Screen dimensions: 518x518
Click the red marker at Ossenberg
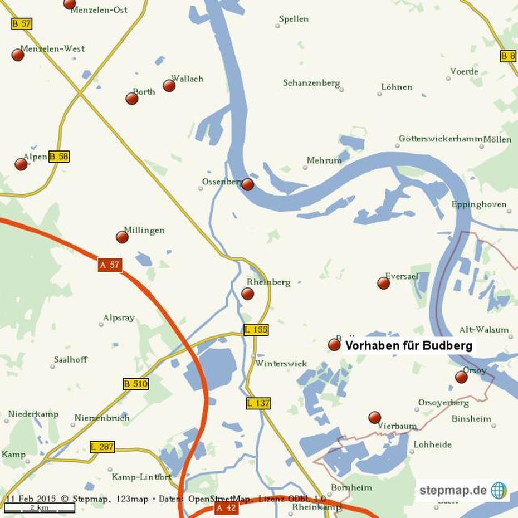(248, 184)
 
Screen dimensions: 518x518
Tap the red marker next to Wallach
(169, 86)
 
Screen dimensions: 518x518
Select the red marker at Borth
(132, 99)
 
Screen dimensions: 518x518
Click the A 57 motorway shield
(110, 265)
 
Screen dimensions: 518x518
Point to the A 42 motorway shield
(227, 508)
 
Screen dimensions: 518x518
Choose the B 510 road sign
(136, 384)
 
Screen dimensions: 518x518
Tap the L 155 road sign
(256, 330)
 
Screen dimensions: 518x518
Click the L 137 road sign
(258, 403)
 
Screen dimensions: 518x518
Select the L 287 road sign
(102, 447)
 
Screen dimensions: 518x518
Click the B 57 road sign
(22, 24)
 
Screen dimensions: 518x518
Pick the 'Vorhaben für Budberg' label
(408, 345)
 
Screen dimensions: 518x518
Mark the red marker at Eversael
(384, 284)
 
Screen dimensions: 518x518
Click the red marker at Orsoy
(461, 377)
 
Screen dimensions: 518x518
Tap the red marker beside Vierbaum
(375, 417)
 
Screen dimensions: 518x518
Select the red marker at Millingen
(122, 237)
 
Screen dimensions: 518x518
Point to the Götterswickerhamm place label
(441, 139)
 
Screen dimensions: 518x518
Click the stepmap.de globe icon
(499, 491)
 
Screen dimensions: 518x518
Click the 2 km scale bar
(40, 507)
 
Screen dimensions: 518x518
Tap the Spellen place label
(294, 19)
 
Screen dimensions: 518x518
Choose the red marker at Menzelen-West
(18, 55)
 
